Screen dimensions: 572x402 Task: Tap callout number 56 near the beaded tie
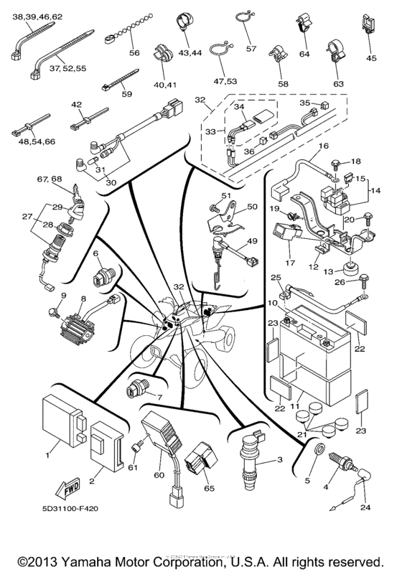[x=134, y=52]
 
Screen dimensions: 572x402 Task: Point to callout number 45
[x=371, y=59]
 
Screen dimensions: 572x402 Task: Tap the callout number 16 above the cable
[x=324, y=146]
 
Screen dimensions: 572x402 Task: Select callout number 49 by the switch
[x=253, y=241]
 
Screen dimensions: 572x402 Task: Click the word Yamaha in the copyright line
[x=95, y=558]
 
